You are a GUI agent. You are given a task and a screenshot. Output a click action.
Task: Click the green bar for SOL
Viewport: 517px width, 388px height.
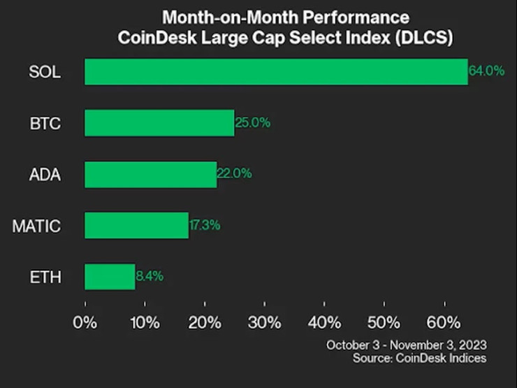point(276,71)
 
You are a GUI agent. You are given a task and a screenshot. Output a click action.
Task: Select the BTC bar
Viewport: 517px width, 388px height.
point(159,123)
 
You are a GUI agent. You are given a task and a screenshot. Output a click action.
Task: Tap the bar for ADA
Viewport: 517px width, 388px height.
point(150,174)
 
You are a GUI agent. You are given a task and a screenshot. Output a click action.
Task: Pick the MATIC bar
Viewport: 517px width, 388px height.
point(136,225)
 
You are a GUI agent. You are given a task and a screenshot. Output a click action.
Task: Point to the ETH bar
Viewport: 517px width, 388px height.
point(110,276)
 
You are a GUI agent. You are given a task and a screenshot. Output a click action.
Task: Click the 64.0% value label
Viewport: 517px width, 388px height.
point(486,71)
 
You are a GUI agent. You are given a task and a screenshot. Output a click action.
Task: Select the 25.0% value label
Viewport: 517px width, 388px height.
point(252,123)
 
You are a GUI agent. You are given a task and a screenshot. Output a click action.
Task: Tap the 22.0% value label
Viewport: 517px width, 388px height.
point(234,174)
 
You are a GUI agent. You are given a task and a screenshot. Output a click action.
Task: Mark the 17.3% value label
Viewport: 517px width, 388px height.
point(205,225)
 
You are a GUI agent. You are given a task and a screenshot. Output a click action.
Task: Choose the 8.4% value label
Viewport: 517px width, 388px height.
point(149,276)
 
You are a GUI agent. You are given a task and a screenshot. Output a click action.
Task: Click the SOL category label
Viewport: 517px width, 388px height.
point(44,72)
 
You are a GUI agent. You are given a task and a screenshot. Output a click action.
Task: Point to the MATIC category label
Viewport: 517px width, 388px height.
point(36,226)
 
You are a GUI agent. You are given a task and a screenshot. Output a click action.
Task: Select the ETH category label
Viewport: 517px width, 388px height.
point(45,277)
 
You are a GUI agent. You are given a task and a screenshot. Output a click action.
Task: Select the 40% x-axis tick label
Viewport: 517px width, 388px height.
point(324,323)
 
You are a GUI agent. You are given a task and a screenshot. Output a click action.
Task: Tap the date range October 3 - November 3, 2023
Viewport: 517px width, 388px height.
point(406,345)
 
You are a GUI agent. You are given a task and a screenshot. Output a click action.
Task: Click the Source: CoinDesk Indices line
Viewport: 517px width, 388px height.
point(419,359)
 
